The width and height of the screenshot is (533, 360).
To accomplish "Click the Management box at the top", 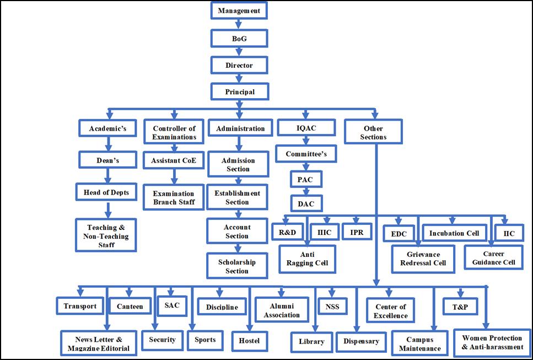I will pyautogui.click(x=239, y=10).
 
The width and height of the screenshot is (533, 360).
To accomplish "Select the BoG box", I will pyautogui.click(x=239, y=38).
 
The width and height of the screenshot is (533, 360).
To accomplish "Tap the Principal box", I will pyautogui.click(x=240, y=92).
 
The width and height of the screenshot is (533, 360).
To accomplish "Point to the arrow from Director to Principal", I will pyautogui.click(x=239, y=78).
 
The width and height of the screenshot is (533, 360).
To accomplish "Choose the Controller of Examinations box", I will pyautogui.click(x=174, y=132).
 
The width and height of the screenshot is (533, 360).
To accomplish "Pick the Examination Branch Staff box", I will pyautogui.click(x=174, y=198).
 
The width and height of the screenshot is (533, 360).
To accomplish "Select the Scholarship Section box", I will pyautogui.click(x=237, y=266).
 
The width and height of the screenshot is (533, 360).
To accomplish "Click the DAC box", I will pyautogui.click(x=306, y=203).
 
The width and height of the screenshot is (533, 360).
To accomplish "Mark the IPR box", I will pyautogui.click(x=356, y=233).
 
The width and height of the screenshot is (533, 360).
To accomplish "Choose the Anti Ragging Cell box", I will pyautogui.click(x=307, y=259).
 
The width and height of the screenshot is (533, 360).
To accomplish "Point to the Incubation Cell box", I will pyautogui.click(x=454, y=233).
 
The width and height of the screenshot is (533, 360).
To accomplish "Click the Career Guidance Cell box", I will pyautogui.click(x=493, y=258).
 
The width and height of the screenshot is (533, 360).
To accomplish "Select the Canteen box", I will pyautogui.click(x=130, y=307).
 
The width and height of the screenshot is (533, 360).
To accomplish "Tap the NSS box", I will pyautogui.click(x=332, y=307).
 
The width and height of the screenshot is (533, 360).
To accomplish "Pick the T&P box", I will pyautogui.click(x=459, y=307).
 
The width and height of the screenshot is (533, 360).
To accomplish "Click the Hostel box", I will pyautogui.click(x=249, y=340).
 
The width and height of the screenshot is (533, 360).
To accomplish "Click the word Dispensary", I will pyautogui.click(x=361, y=341).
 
